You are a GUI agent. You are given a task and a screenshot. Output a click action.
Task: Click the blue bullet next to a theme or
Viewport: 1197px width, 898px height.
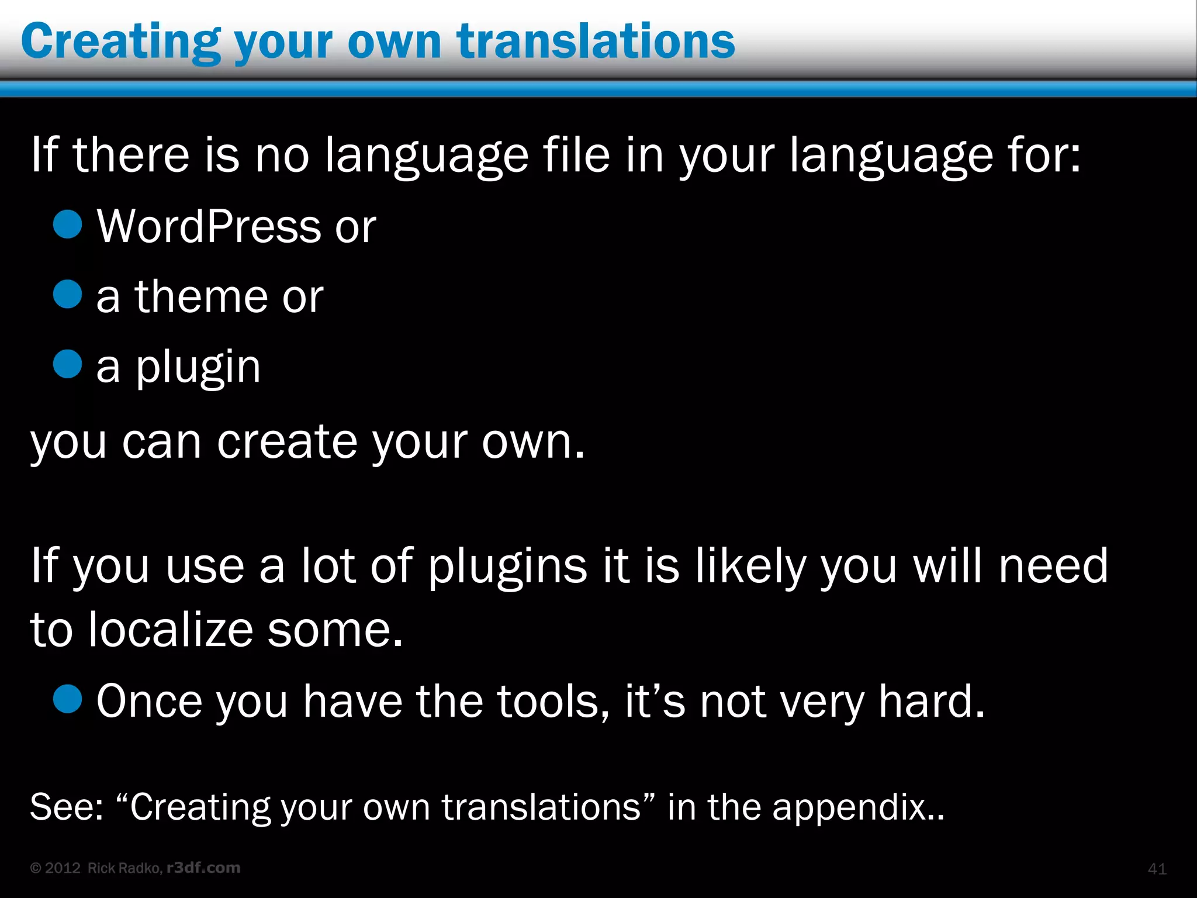67,294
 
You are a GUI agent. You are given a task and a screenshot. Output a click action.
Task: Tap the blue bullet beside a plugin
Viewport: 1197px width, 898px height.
67,364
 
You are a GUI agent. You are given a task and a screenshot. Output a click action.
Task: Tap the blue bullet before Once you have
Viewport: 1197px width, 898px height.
67,699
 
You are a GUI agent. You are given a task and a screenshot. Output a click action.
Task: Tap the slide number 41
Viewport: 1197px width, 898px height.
1157,869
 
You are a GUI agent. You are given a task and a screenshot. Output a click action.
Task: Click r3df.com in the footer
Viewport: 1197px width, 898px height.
203,868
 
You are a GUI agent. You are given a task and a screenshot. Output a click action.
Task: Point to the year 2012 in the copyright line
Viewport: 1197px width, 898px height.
63,868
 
